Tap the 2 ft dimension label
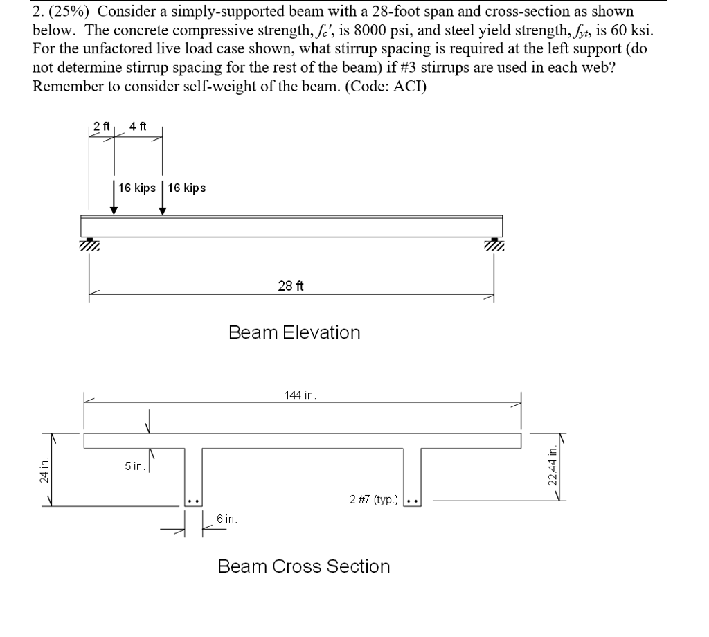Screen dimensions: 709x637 [102, 127]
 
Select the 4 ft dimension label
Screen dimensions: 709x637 [137, 127]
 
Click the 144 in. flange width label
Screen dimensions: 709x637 [300, 395]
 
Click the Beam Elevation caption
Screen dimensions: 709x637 [294, 332]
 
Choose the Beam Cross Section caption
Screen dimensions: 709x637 [303, 566]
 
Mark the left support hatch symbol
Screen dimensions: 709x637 [89, 244]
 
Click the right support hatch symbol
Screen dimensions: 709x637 [494, 244]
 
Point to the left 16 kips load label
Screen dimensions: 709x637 [136, 188]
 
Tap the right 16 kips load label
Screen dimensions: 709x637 [185, 188]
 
